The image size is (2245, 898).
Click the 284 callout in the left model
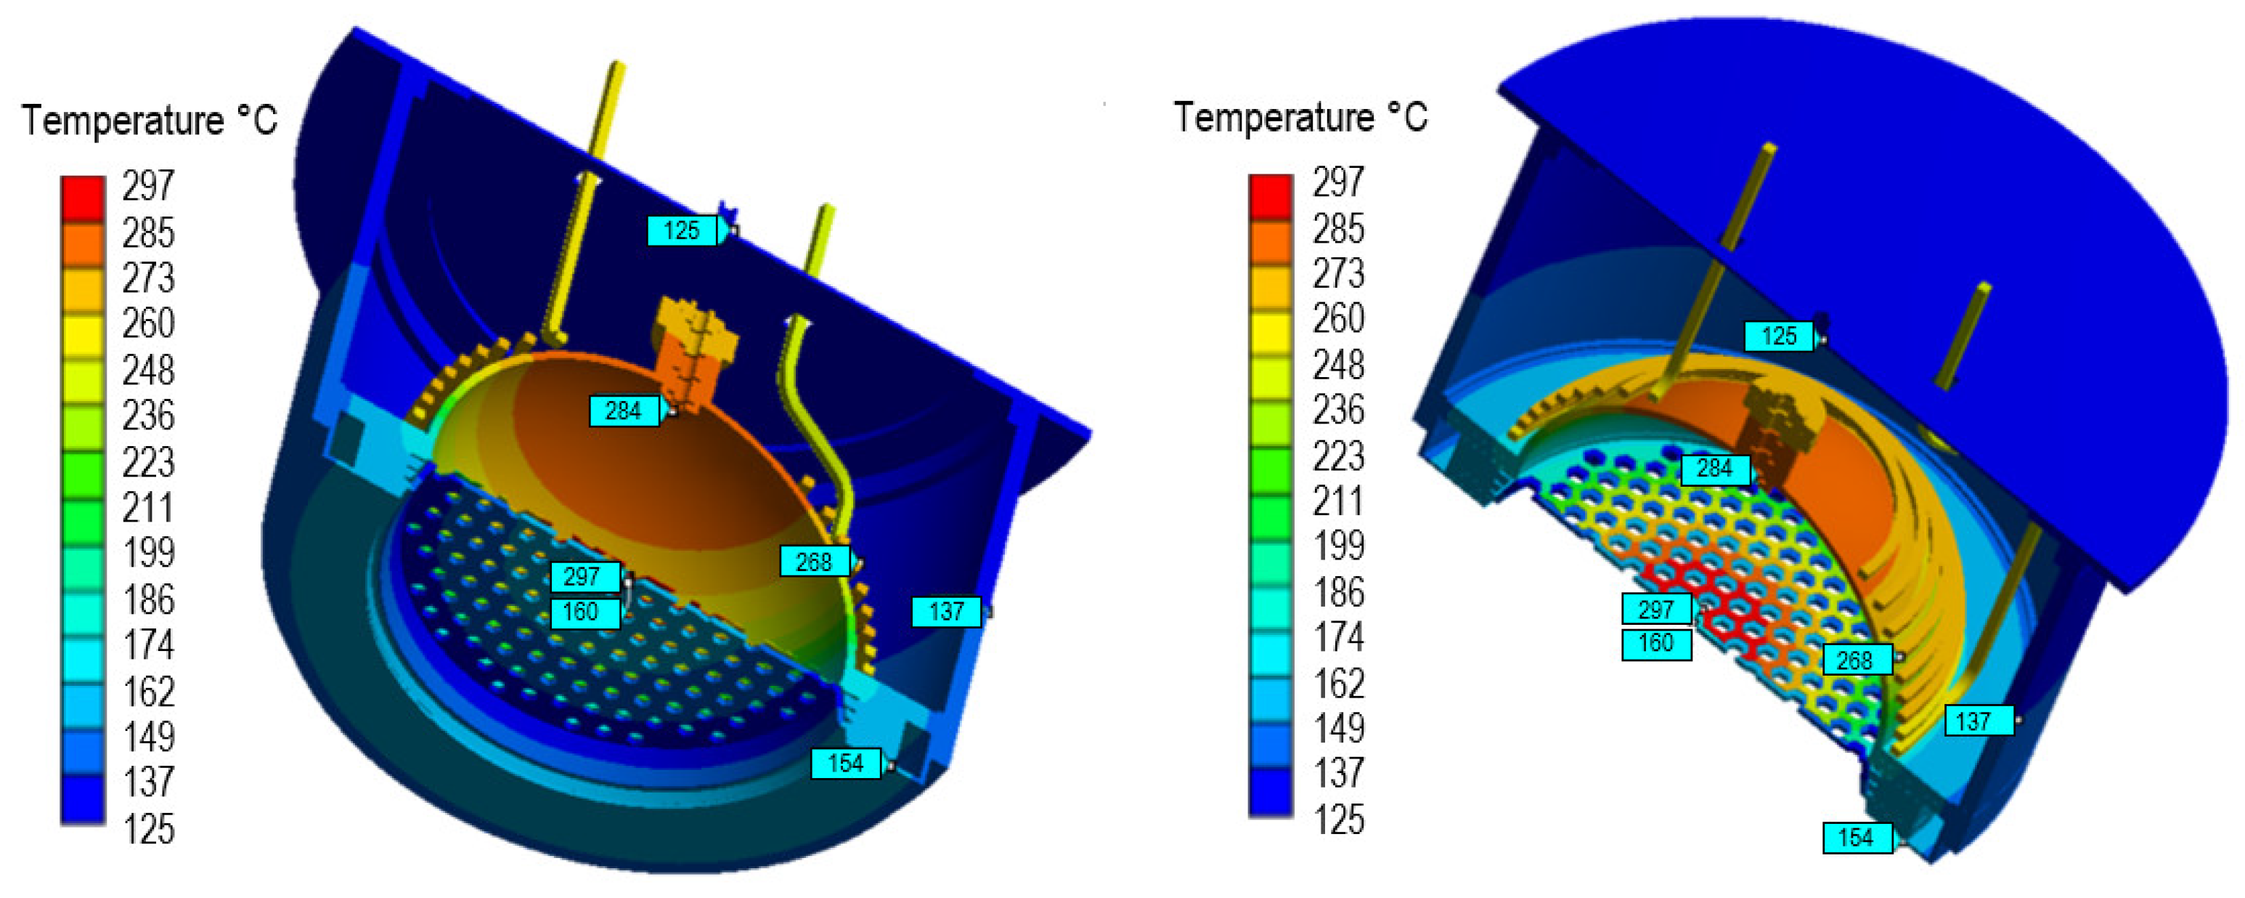click(623, 410)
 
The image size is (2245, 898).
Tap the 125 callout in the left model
click(682, 230)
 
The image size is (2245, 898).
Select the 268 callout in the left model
click(814, 561)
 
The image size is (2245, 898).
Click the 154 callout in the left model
click(845, 763)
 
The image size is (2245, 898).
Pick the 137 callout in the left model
click(947, 611)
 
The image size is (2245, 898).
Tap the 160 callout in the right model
click(1656, 644)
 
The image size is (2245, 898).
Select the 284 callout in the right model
click(1714, 468)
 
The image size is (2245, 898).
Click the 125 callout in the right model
click(1779, 336)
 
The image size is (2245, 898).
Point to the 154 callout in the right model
click(1857, 837)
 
